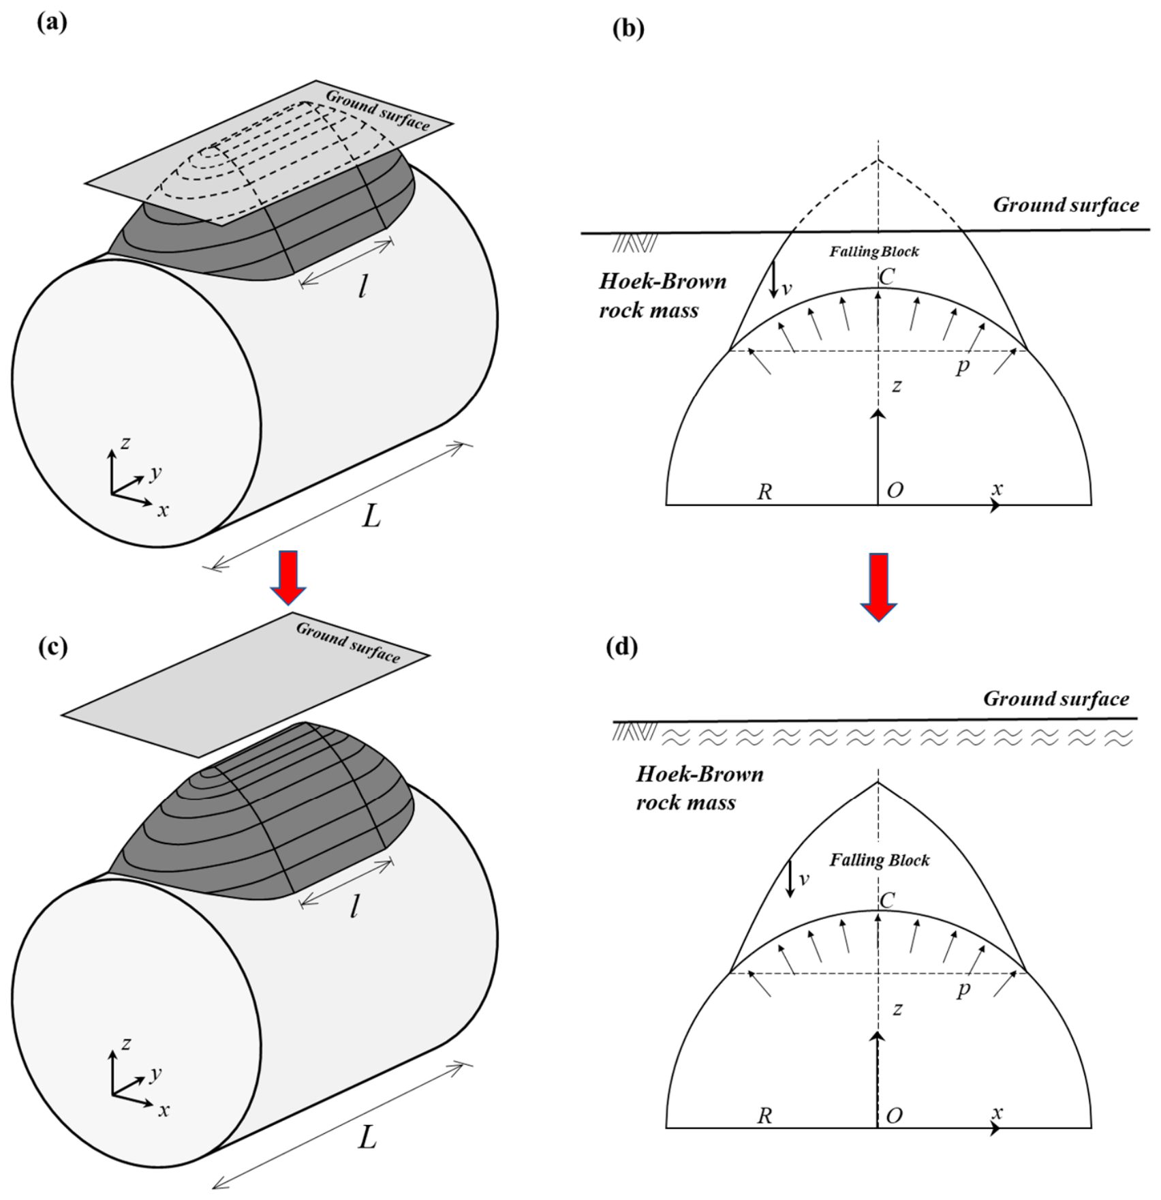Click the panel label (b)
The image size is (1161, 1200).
coord(628,29)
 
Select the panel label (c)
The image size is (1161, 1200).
coord(52,646)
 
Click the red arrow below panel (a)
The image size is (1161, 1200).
coord(288,577)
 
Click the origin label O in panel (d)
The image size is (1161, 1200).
coord(894,1115)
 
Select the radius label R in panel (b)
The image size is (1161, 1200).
coord(764,491)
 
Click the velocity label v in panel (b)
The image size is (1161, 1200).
coord(786,289)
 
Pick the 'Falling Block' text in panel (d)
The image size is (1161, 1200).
coord(879,860)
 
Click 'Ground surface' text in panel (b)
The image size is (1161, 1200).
coord(1066,205)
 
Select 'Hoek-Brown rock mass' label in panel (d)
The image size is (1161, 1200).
coord(700,787)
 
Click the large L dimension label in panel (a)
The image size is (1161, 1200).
coord(371,517)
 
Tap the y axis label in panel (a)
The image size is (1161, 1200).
coord(155,472)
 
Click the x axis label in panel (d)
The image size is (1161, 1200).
coord(997,1113)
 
